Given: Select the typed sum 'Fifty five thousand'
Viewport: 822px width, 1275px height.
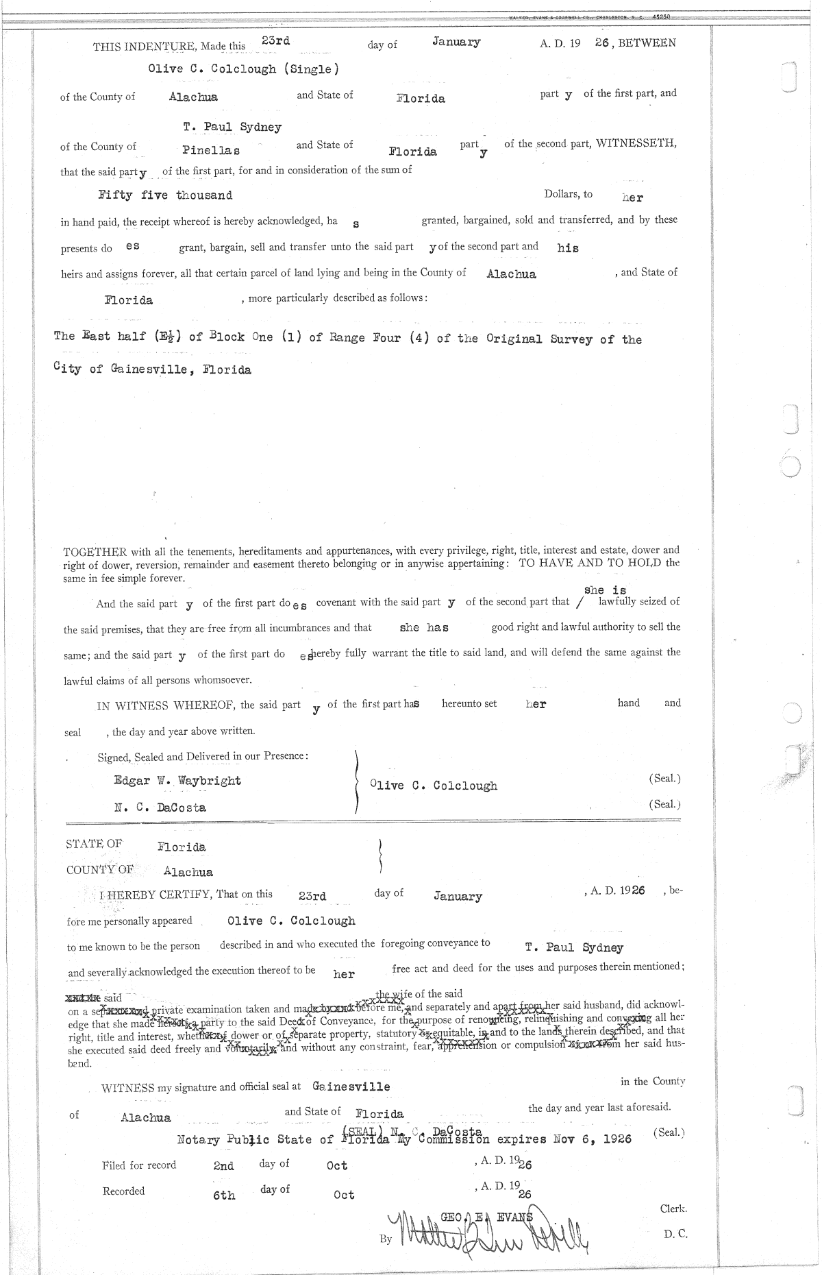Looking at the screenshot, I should click(x=165, y=195).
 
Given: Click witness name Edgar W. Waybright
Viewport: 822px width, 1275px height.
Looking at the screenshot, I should click(x=177, y=781).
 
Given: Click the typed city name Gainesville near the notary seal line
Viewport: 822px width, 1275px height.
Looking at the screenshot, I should click(x=351, y=1086).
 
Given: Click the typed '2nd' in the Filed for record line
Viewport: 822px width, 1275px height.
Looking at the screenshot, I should click(x=223, y=1166).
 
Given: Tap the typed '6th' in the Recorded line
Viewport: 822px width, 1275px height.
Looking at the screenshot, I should click(x=224, y=1195).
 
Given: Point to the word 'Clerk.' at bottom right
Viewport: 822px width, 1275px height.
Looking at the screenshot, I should click(x=673, y=1209).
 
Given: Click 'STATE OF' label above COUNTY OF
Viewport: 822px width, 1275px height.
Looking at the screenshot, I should click(x=94, y=844).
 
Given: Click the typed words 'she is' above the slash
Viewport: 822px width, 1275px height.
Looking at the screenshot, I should click(x=605, y=590).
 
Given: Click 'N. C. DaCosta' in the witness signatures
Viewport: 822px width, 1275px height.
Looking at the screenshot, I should click(x=160, y=807).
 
